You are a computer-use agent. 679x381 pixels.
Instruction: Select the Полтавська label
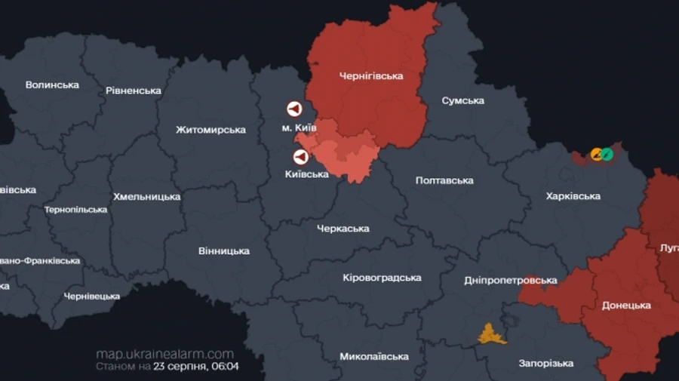[x=444, y=180]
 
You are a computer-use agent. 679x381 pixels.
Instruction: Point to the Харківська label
[x=573, y=196]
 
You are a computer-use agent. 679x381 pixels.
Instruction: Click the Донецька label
[x=626, y=306]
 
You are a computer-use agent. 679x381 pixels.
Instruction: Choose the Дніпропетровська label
[x=510, y=281]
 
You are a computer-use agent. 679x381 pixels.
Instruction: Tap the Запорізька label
[x=546, y=364]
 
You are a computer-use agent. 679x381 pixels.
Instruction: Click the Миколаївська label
[x=373, y=356]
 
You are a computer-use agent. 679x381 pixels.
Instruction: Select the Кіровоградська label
[x=382, y=278]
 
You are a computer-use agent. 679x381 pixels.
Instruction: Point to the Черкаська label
[x=343, y=229]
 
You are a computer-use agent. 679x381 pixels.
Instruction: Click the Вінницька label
[x=224, y=250]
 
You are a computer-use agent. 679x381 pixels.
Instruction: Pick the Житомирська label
[x=210, y=130]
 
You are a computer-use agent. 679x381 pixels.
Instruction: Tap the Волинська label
[x=52, y=84]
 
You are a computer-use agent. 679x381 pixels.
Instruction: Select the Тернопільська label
[x=75, y=210]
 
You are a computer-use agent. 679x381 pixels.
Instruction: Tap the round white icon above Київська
[x=301, y=157]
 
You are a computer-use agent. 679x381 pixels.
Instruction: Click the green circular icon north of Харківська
[x=607, y=154]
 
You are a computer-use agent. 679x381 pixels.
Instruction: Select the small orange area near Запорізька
[x=492, y=333]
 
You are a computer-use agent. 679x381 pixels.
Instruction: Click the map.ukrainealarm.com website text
[x=164, y=354]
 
